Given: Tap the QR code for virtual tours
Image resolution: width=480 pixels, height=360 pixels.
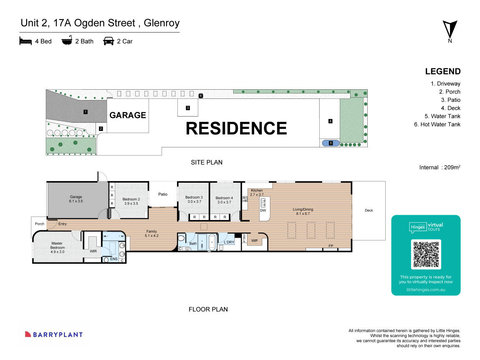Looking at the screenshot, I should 426,254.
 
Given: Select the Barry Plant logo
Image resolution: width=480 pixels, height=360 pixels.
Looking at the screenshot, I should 53,335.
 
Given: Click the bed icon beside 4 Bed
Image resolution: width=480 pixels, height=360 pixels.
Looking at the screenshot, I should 25,41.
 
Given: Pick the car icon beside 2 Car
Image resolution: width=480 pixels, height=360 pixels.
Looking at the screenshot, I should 109,41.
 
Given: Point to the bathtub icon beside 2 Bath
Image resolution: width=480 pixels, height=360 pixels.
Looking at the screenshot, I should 67,41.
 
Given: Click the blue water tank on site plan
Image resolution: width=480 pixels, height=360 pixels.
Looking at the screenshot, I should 331,143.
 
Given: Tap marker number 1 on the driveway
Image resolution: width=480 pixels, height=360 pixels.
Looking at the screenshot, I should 85,112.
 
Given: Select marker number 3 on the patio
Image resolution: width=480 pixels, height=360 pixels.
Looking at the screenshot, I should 188,108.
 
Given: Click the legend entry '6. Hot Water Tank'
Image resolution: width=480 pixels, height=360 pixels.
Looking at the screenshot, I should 437,124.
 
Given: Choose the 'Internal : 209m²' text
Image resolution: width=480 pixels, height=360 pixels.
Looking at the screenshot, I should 440,167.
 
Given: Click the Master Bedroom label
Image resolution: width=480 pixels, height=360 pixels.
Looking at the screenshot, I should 57,246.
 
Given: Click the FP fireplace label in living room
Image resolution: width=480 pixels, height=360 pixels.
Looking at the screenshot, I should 331,246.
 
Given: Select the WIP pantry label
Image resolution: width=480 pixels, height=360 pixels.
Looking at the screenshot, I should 254,240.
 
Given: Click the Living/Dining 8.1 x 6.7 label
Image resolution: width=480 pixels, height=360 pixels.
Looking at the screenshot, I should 303,212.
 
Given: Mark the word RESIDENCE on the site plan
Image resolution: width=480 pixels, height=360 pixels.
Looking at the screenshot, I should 236,128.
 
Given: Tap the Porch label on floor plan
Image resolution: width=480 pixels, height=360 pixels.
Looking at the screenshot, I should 39,224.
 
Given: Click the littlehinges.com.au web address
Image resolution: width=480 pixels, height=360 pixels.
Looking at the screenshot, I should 426,289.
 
